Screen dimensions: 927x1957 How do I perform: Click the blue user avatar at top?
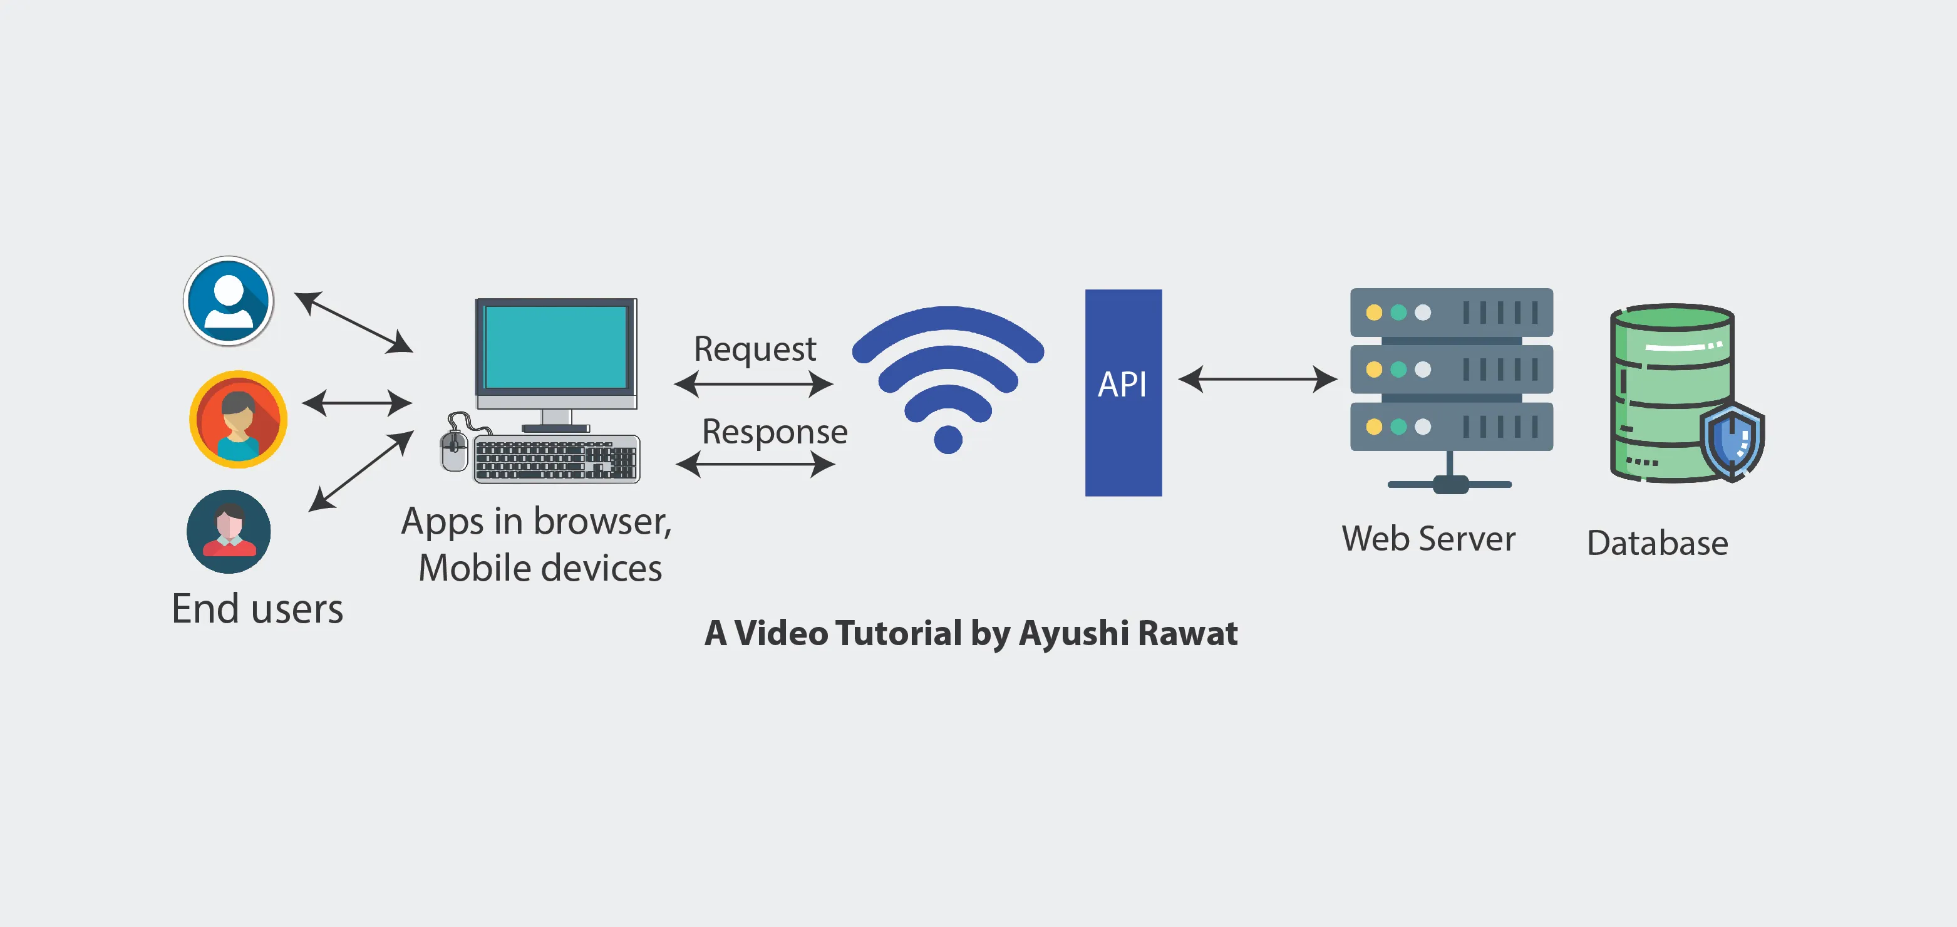click(x=229, y=301)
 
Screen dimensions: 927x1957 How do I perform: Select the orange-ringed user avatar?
click(x=238, y=418)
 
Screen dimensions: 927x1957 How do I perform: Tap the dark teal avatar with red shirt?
click(x=229, y=531)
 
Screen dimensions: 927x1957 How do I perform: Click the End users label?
click(x=257, y=609)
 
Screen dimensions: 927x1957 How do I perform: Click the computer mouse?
click(x=454, y=450)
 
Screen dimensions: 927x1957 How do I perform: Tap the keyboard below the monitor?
click(x=556, y=460)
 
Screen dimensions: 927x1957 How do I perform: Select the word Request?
click(x=755, y=349)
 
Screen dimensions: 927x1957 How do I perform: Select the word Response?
click(x=774, y=432)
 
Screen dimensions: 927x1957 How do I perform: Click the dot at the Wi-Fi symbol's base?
click(x=948, y=439)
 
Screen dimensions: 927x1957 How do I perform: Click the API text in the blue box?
click(x=1122, y=385)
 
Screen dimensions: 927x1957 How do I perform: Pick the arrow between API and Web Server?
click(x=1257, y=378)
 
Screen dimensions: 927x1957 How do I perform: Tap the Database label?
click(x=1657, y=543)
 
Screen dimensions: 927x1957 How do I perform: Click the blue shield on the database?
click(x=1732, y=441)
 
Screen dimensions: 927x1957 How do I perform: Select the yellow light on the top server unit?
click(x=1373, y=313)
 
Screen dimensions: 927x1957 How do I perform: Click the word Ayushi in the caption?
click(x=1073, y=633)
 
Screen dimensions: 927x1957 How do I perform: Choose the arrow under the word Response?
click(x=755, y=463)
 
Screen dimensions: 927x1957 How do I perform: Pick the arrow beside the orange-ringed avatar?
click(x=356, y=403)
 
